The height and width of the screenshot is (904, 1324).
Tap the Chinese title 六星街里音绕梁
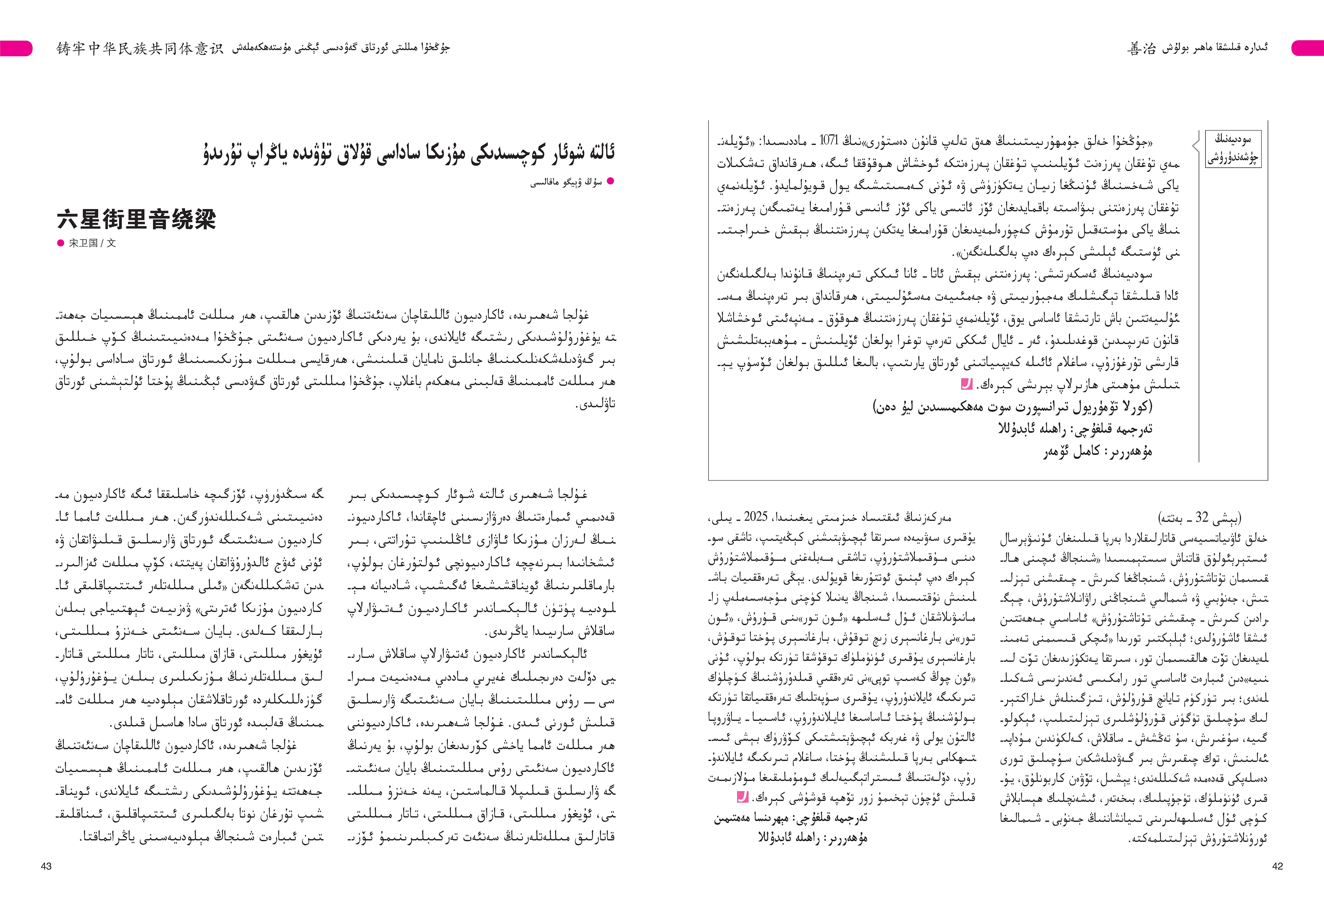point(137,219)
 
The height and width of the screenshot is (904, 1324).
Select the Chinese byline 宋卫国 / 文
point(92,243)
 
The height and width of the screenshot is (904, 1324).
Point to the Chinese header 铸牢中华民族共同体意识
point(139,49)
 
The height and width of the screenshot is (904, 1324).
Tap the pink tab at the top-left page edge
point(16,49)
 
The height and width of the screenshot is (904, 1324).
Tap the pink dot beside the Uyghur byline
point(610,182)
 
